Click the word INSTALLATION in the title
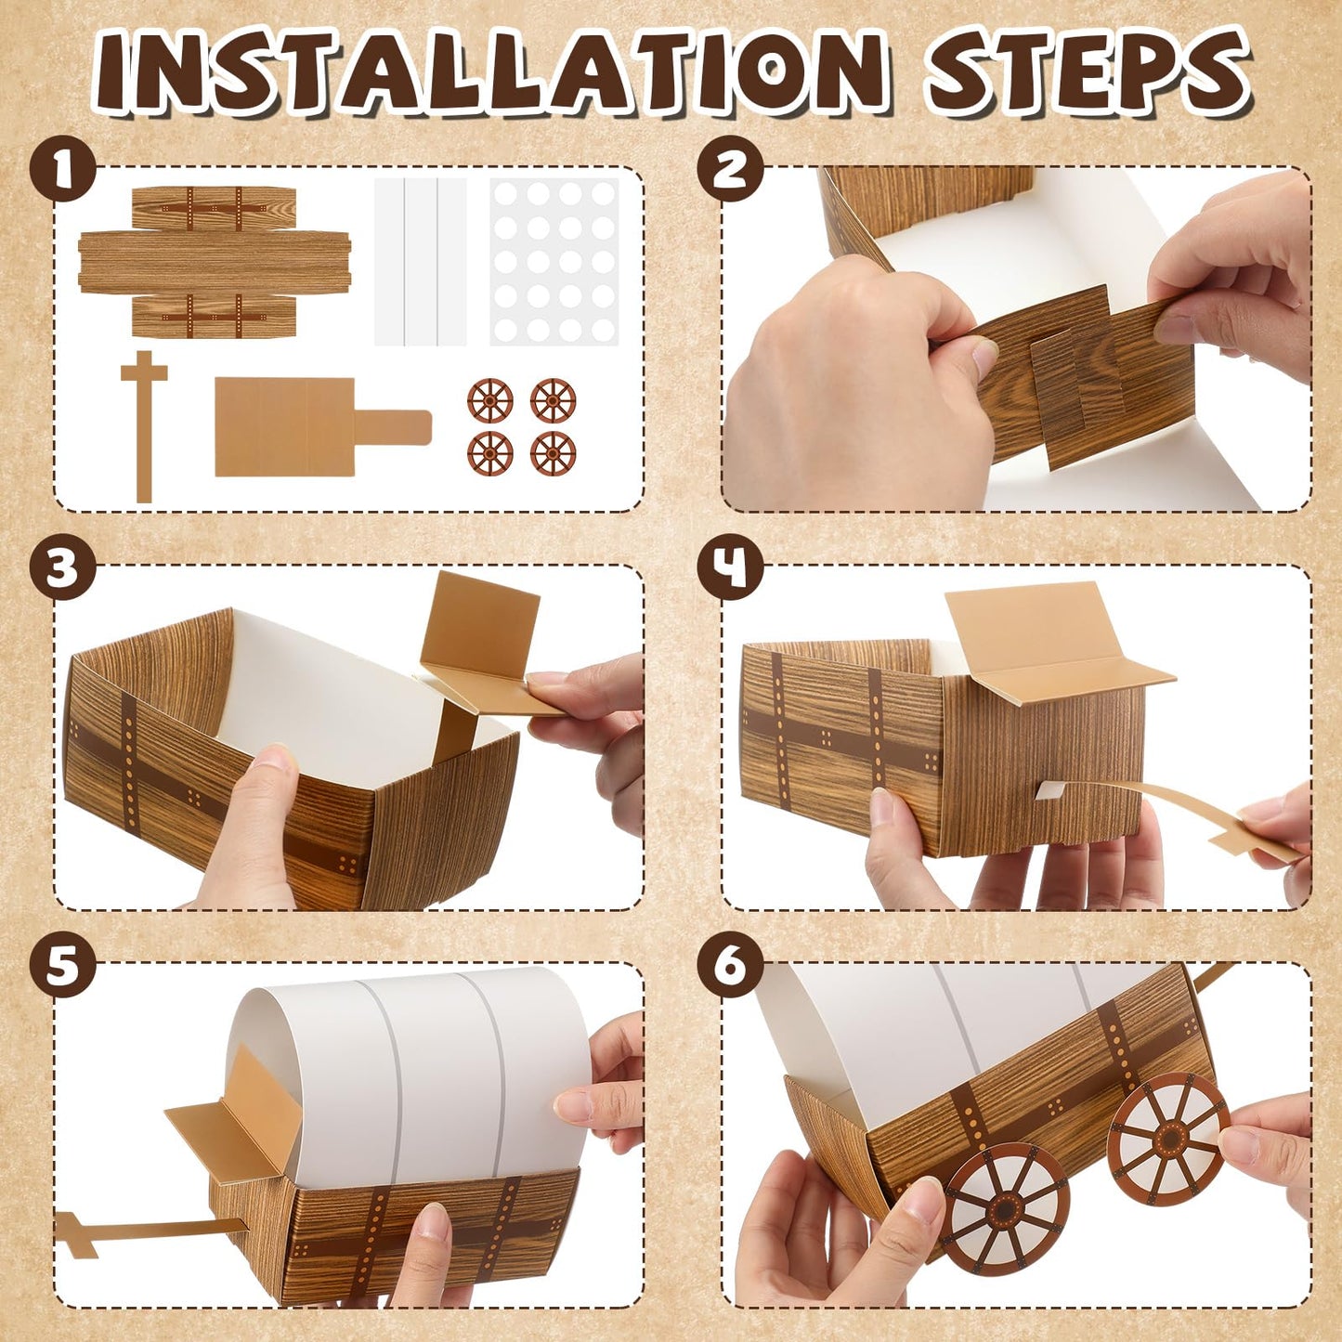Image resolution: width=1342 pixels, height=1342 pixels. [492, 72]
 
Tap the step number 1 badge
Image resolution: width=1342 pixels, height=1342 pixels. [62, 169]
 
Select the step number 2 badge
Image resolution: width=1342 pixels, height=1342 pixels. [731, 169]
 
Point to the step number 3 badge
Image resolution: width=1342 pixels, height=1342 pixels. [62, 567]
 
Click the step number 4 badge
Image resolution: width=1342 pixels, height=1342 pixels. [731, 567]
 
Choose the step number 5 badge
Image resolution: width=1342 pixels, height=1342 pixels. [62, 966]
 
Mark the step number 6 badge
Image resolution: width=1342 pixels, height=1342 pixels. [731, 966]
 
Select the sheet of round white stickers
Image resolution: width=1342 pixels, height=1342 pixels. [554, 262]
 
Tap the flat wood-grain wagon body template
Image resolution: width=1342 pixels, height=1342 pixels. [214, 262]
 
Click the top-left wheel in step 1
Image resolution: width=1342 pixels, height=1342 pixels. [490, 401]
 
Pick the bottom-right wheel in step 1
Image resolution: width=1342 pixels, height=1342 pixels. [554, 454]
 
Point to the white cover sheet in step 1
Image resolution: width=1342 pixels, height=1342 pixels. [420, 262]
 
